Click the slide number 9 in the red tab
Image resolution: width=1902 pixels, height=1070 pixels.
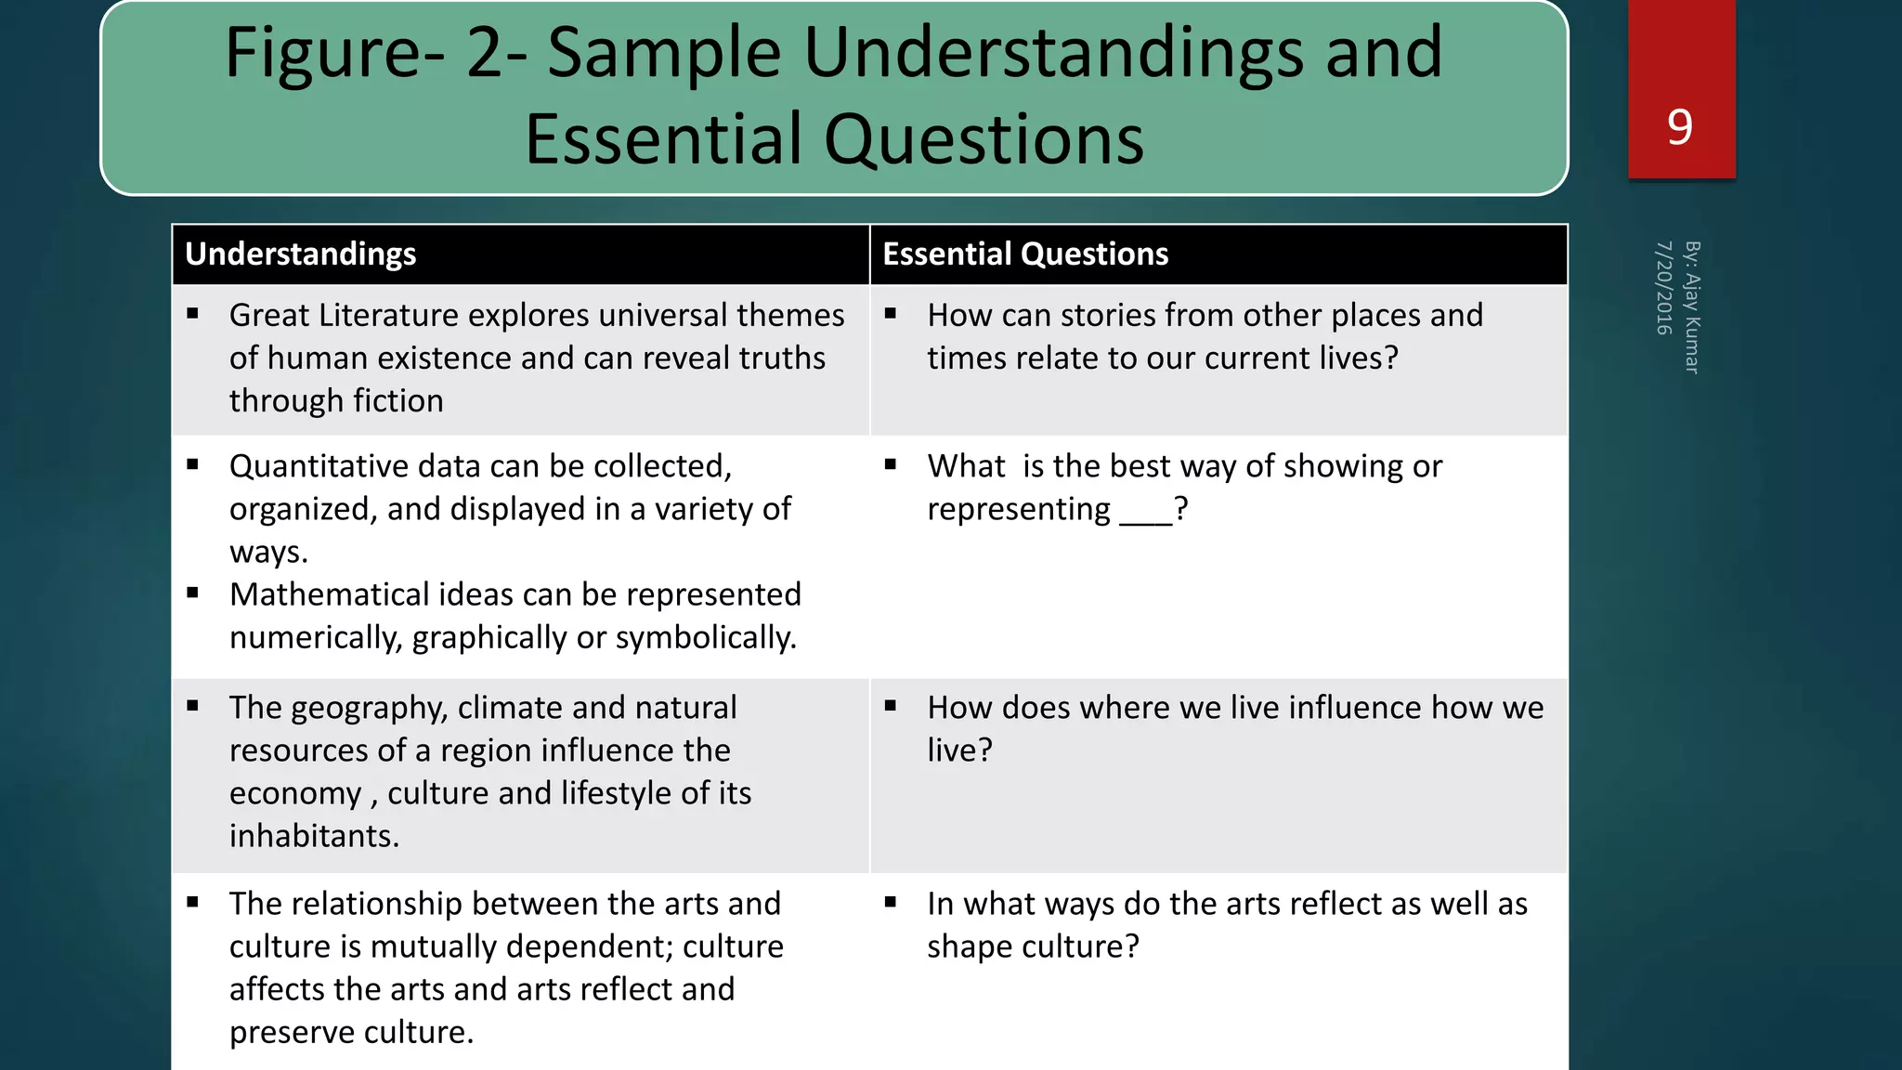(1680, 127)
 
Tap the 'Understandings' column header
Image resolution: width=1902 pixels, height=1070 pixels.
(300, 254)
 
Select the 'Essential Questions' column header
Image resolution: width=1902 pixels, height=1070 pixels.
(1025, 254)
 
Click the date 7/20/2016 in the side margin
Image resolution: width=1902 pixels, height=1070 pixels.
(1663, 288)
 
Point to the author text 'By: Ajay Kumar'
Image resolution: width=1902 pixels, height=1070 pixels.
(1692, 307)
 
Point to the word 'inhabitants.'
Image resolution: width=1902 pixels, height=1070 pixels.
(314, 836)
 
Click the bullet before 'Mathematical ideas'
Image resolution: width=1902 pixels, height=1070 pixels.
(193, 593)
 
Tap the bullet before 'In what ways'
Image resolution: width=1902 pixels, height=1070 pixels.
(891, 902)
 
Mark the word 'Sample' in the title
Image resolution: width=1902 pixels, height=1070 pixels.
(663, 53)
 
